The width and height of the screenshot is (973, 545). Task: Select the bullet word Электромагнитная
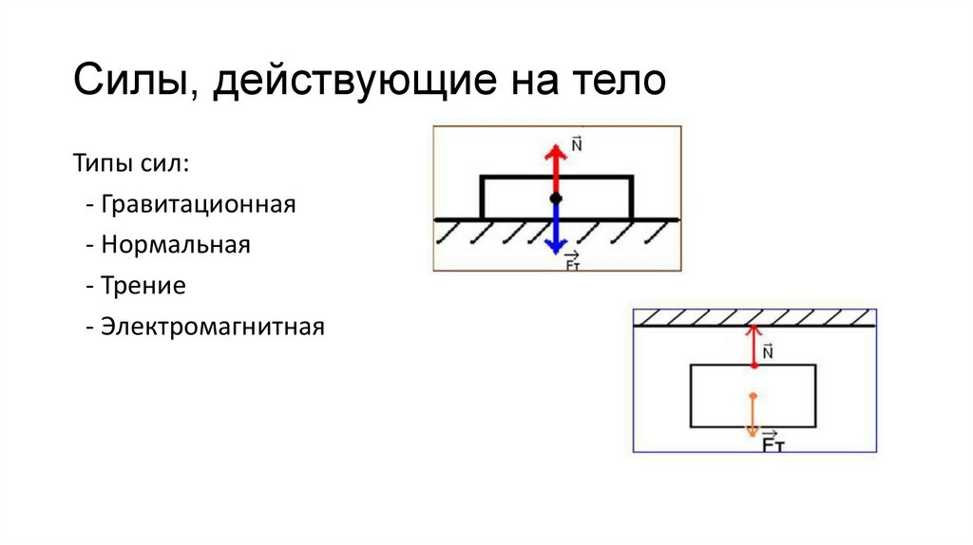[x=212, y=328]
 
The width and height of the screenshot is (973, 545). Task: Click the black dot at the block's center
[x=555, y=198]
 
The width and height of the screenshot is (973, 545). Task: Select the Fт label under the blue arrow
[x=573, y=263]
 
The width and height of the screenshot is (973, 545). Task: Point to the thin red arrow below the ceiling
[x=753, y=344]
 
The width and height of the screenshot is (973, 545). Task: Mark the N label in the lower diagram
[x=768, y=351]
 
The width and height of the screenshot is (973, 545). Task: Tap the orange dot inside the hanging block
[x=753, y=395]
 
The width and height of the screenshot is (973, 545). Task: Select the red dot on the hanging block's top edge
[x=753, y=366]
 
